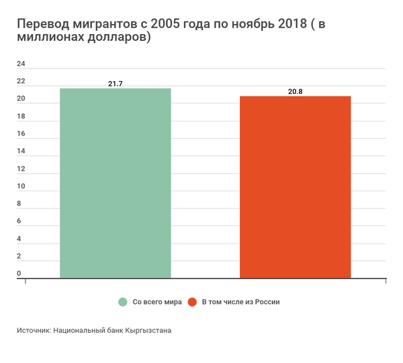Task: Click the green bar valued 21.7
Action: (116, 183)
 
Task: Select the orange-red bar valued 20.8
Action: (295, 187)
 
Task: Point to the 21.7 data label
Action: (116, 83)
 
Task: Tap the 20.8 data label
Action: (296, 91)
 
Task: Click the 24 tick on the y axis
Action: (21, 64)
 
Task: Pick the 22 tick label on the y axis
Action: (21, 82)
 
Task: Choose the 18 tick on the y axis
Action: (21, 117)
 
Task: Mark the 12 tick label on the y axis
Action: (21, 169)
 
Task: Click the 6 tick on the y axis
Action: (19, 221)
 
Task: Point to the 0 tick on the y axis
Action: (19, 274)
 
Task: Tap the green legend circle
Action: (123, 302)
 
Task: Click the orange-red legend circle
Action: (192, 302)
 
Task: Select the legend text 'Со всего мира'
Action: (157, 302)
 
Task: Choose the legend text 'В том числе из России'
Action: (240, 302)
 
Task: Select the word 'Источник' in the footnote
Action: (33, 331)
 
